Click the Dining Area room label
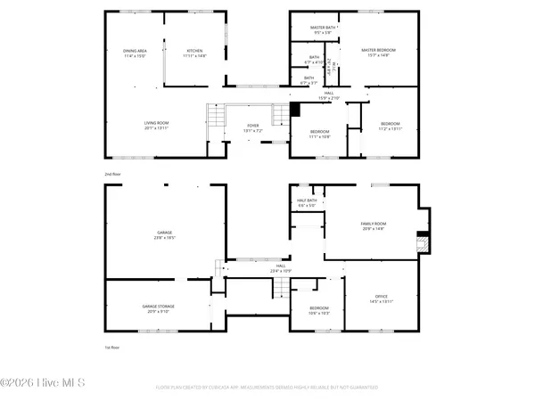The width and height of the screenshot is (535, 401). (136, 54)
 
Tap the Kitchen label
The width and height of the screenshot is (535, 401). (193, 54)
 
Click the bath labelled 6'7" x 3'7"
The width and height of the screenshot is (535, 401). (309, 80)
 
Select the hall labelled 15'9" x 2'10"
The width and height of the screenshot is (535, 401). (329, 95)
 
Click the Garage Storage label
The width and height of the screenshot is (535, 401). (159, 308)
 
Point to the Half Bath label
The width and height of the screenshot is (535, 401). (307, 202)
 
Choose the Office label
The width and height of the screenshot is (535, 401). (382, 299)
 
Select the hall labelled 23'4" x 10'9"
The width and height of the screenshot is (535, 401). (281, 267)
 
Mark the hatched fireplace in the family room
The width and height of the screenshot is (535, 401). (424, 240)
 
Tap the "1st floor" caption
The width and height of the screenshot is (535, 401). (111, 346)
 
